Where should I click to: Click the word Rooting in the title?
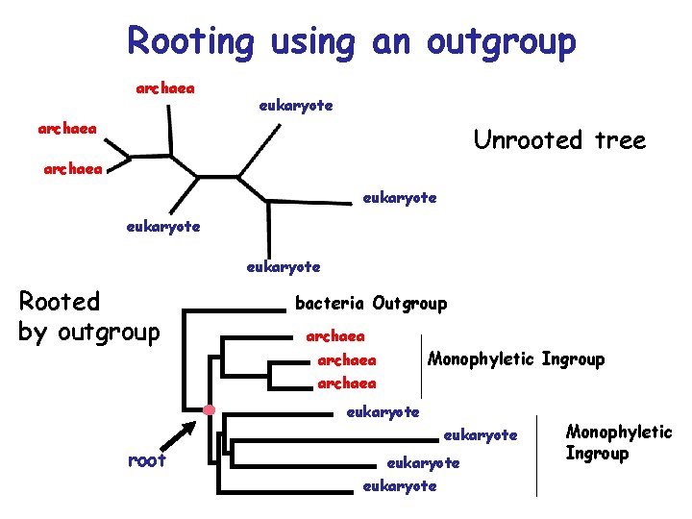(190, 41)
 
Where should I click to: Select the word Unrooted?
(525, 140)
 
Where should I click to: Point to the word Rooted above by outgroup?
(60, 302)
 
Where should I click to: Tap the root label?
(147, 460)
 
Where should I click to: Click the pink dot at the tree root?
(209, 411)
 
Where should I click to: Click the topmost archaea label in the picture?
(165, 88)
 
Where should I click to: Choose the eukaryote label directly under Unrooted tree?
(399, 198)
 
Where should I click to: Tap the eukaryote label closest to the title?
(296, 106)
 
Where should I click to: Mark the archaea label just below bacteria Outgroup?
(334, 336)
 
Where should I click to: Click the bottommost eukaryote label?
(399, 486)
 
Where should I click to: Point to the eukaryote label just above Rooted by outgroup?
(163, 227)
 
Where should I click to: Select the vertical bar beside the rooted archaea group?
(421, 360)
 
